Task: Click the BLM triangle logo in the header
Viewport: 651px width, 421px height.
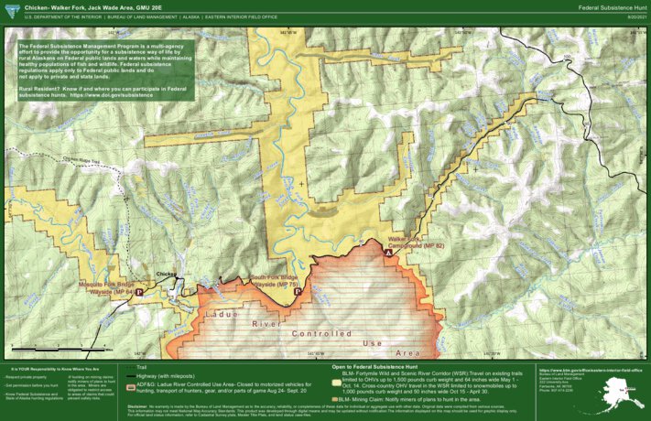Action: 8,9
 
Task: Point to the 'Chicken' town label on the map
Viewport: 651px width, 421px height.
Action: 166,274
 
